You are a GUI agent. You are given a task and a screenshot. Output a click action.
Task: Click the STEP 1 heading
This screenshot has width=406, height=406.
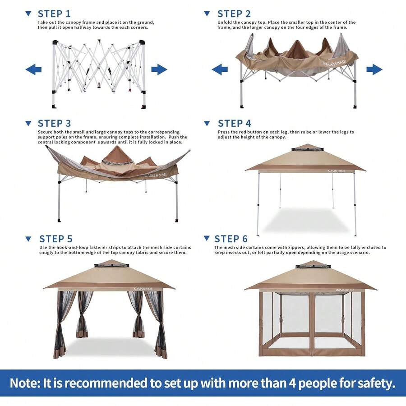coord(54,14)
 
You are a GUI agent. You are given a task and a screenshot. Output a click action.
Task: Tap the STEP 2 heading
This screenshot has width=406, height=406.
coord(234,14)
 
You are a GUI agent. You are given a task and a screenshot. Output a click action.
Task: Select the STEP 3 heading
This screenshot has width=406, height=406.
coord(55,124)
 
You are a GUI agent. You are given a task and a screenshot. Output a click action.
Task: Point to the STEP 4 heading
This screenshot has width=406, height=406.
coord(235,124)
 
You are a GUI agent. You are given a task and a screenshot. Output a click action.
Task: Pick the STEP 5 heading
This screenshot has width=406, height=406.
coord(56,239)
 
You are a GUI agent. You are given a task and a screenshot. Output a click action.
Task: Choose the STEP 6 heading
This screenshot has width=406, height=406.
coord(231,239)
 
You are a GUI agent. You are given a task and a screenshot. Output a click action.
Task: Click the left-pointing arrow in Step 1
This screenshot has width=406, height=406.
coord(33,69)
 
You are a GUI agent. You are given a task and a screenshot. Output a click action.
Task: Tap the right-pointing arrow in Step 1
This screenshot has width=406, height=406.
coord(159,69)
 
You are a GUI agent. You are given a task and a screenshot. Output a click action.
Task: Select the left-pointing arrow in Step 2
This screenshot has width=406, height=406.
coord(220,69)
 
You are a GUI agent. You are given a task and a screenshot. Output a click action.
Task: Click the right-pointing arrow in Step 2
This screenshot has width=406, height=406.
coord(374,69)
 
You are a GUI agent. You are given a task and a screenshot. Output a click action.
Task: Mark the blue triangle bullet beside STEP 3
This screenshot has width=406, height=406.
coord(28,123)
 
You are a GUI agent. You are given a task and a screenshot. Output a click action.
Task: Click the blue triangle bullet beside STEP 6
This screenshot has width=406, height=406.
coord(207,238)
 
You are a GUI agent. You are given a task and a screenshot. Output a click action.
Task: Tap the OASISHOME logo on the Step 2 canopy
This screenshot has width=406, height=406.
coord(334,63)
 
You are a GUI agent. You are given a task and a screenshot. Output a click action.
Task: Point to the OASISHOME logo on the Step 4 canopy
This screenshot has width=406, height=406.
coord(337,171)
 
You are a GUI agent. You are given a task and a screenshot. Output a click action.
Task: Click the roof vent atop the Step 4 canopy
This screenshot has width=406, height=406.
coord(307,149)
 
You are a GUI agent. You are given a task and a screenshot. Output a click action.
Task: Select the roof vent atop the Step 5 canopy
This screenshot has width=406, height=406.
coord(111,265)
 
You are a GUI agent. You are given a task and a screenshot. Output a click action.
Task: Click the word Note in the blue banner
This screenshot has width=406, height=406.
coord(25,383)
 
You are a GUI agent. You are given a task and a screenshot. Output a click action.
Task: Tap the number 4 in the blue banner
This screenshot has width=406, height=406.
coord(292,383)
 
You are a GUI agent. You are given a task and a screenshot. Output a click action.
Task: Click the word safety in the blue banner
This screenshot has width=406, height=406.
coord(376,383)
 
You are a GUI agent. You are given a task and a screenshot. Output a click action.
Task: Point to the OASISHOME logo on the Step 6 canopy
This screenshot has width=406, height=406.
coord(345,290)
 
